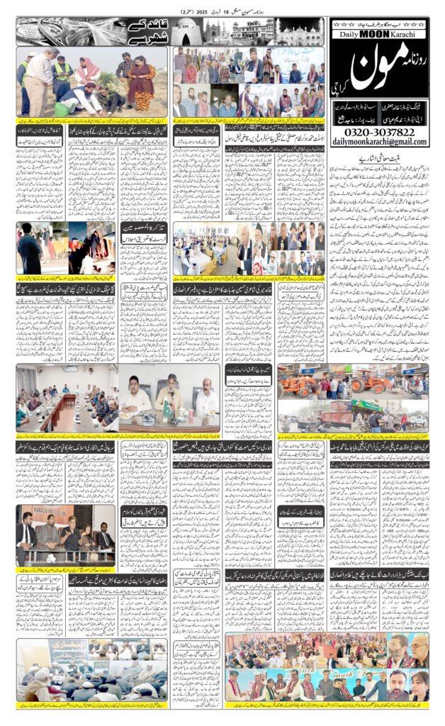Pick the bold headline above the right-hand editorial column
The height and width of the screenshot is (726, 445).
tap(378, 160)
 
